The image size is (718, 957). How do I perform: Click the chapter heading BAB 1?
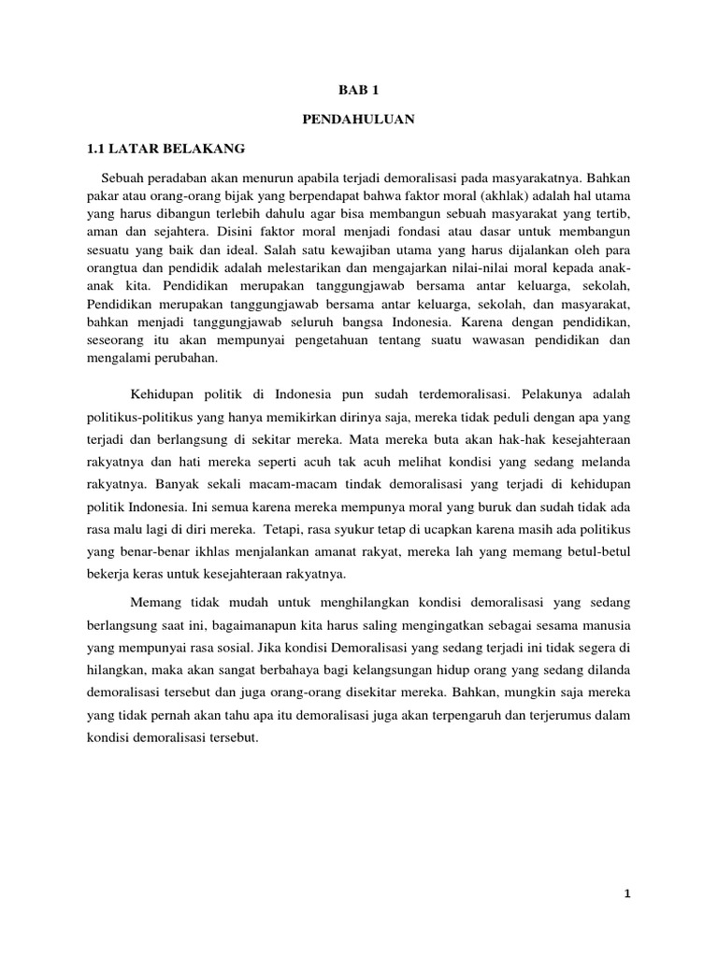pos(359,90)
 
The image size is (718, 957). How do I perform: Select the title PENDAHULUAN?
pos(359,120)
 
